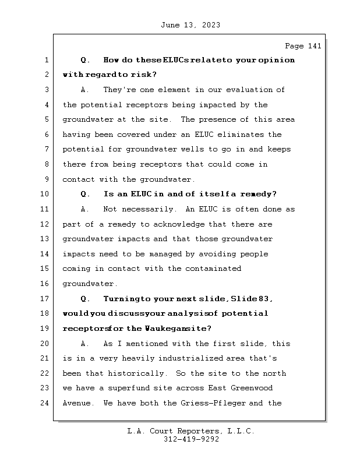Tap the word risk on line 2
pos(144,75)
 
